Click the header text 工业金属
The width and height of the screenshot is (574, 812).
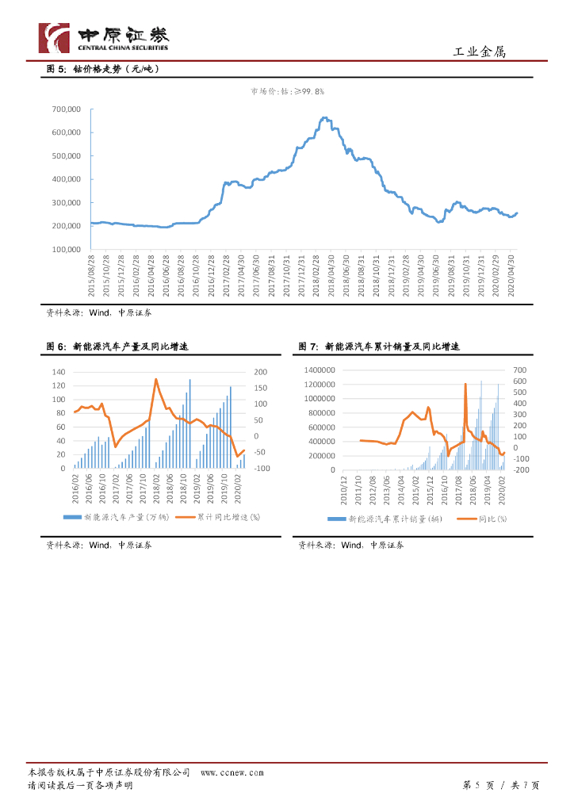pyautogui.click(x=478, y=52)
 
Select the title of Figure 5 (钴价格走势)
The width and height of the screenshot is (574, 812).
pyautogui.click(x=104, y=69)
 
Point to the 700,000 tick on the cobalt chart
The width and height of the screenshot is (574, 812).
pyautogui.click(x=66, y=109)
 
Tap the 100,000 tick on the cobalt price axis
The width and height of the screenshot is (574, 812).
pyautogui.click(x=66, y=249)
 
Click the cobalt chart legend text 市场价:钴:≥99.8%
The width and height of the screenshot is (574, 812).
pyautogui.click(x=287, y=92)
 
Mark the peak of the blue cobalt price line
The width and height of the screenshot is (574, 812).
pyautogui.click(x=323, y=118)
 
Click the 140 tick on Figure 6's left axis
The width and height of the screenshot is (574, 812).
pyautogui.click(x=59, y=372)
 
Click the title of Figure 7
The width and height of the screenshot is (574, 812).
pyautogui.click(x=379, y=347)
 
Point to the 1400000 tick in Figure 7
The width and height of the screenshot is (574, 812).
pyautogui.click(x=319, y=370)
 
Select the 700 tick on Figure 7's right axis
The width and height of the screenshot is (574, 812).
pyautogui.click(x=520, y=370)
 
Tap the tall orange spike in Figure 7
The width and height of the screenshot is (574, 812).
pyautogui.click(x=465, y=385)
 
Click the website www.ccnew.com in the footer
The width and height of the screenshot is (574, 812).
pyautogui.click(x=232, y=772)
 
